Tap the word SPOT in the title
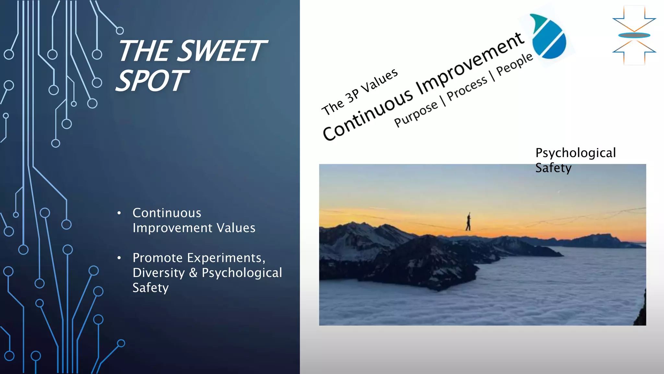click(x=152, y=81)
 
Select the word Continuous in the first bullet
click(x=167, y=213)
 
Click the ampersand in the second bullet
click(x=193, y=273)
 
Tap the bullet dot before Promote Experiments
click(x=119, y=258)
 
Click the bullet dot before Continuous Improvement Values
click(x=119, y=213)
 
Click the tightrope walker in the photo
click(x=468, y=222)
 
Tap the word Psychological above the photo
click(x=575, y=153)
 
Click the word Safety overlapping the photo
click(x=553, y=168)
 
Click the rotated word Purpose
click(x=416, y=114)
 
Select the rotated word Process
click(x=467, y=89)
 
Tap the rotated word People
click(x=515, y=64)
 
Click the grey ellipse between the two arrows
click(x=634, y=35)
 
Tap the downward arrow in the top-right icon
click(x=634, y=19)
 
